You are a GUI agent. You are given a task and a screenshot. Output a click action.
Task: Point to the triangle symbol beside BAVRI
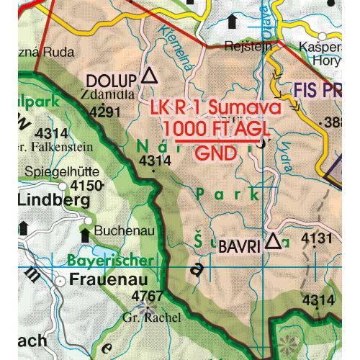[272, 243]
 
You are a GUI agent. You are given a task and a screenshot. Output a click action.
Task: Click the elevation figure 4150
[86, 186]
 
